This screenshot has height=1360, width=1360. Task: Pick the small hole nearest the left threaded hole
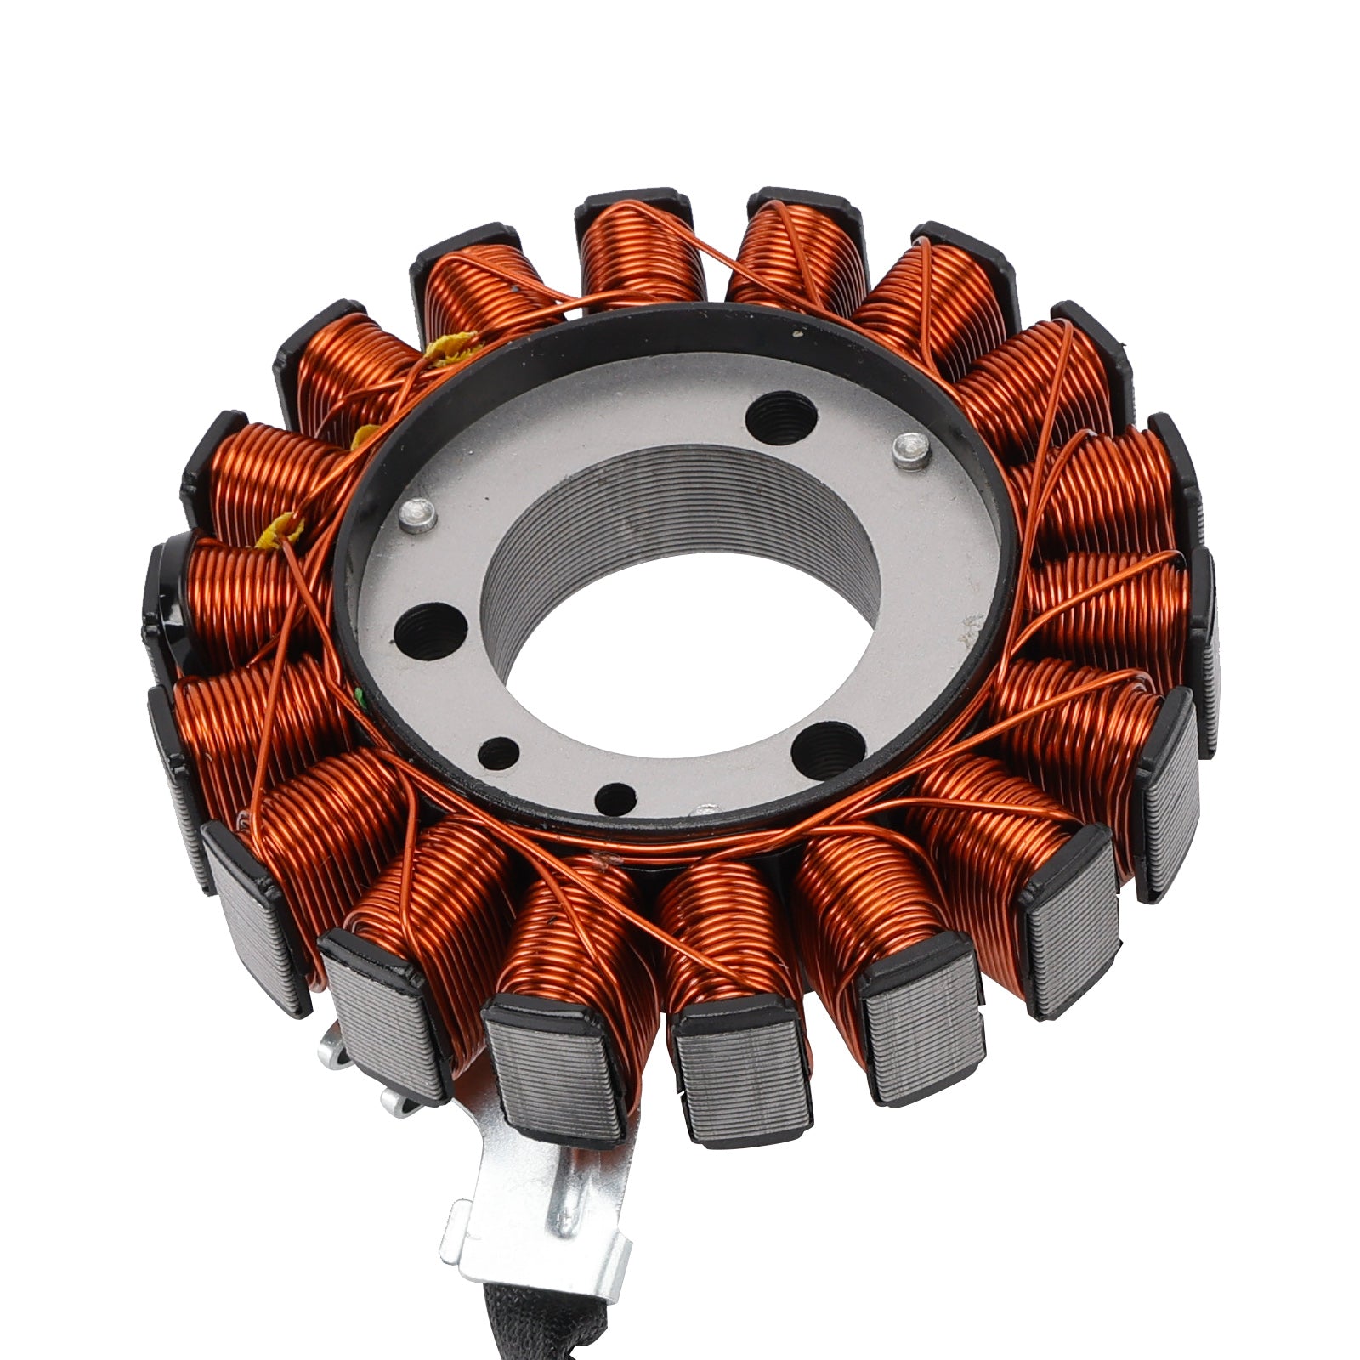tap(499, 751)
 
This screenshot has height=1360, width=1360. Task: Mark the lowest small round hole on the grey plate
tap(615, 796)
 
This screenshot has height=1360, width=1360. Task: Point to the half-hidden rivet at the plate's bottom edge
tap(703, 810)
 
